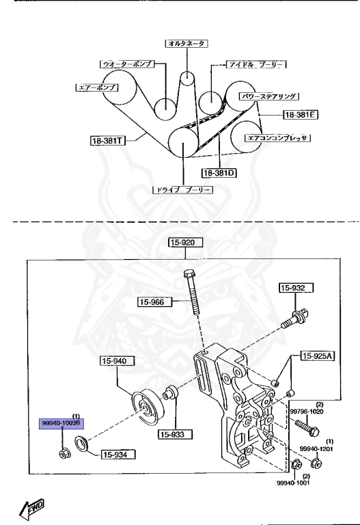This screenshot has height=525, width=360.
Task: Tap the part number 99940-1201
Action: (x=329, y=448)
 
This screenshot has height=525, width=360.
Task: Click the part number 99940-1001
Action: (x=293, y=483)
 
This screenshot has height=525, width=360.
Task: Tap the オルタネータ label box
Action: (x=186, y=43)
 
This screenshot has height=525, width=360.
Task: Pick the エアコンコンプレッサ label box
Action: (x=278, y=137)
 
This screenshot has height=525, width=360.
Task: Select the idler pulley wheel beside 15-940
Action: (x=146, y=406)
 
